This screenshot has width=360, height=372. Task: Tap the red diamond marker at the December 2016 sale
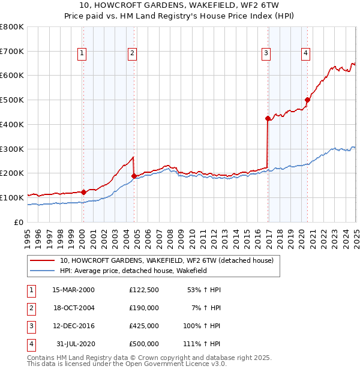[268, 118]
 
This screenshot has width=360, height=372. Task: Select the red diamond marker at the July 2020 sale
[307, 100]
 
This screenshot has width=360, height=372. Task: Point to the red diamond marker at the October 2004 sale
[134, 176]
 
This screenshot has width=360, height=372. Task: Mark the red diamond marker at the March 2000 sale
[83, 192]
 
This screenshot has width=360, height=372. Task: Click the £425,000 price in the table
[144, 326]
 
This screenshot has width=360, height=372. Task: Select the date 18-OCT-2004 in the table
[73, 308]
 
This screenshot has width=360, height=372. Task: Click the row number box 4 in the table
[30, 344]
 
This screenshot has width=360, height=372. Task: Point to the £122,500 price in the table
[144, 290]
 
